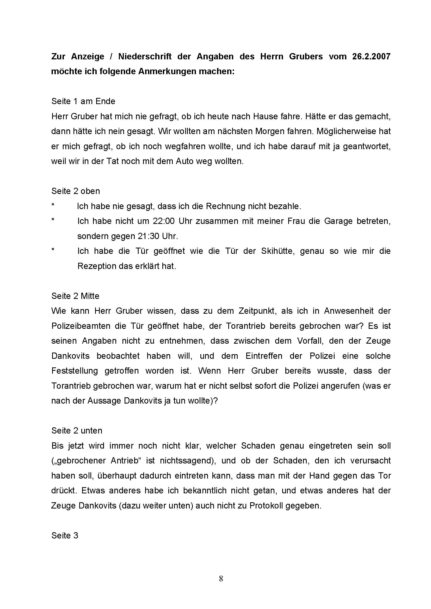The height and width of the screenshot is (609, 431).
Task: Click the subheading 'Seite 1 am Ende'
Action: pyautogui.click(x=83, y=101)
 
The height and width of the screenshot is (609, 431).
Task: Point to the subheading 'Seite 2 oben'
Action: pyautogui.click(x=76, y=191)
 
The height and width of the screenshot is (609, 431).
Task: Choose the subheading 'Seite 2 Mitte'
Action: pyautogui.click(x=75, y=296)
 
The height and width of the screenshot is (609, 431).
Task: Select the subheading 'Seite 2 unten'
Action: pyautogui.click(x=77, y=430)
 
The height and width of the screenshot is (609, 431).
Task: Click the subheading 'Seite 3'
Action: pyautogui.click(x=65, y=536)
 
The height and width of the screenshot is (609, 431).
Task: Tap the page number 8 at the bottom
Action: pyautogui.click(x=221, y=586)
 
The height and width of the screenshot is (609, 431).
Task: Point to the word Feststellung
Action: pyautogui.click(x=75, y=371)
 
